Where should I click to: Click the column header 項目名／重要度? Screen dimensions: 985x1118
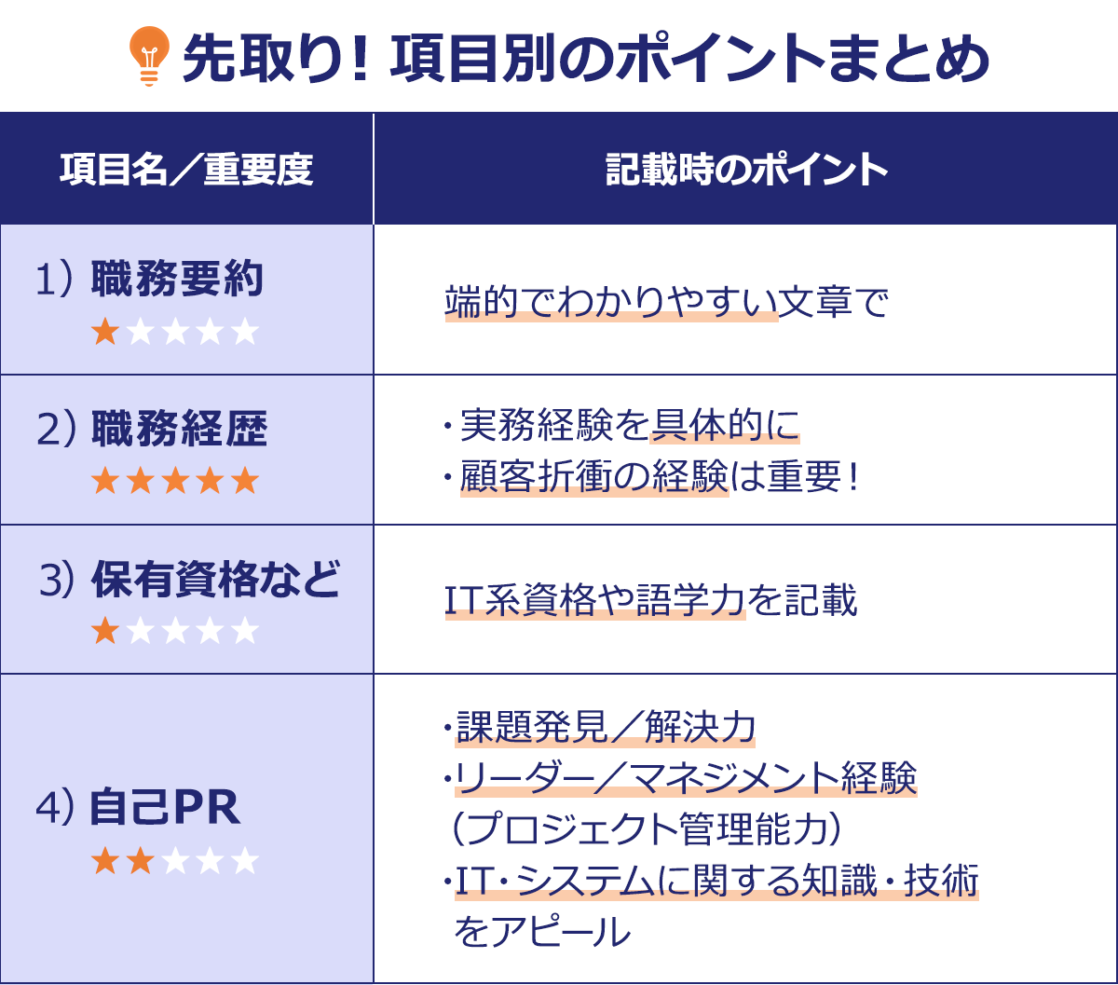point(186,170)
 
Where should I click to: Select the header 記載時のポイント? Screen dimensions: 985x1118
point(746,170)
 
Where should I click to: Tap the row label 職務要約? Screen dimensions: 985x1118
point(177,280)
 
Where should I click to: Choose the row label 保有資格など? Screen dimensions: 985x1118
point(215,580)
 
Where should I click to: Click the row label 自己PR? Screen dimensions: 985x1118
point(165,808)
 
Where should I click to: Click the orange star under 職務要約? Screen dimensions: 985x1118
point(105,332)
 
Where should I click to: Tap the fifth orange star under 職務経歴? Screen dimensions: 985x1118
point(244,481)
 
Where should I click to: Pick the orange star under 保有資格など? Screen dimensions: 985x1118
point(105,631)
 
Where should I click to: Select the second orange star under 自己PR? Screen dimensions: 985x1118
point(140,861)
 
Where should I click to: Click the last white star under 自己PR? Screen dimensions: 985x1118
point(244,861)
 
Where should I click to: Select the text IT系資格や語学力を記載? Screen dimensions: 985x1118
point(650,601)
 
